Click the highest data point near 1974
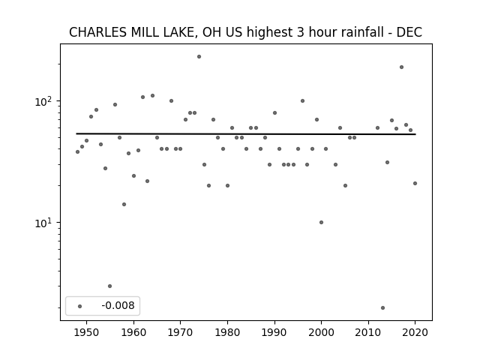point(199,57)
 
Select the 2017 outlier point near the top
point(401,67)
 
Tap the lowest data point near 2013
point(382,307)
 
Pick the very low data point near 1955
point(110,286)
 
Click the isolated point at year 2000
point(321,222)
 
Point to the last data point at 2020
point(415,183)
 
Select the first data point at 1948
point(77,151)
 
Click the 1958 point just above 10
point(124,204)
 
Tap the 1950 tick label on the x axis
point(87,332)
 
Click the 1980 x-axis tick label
point(227,332)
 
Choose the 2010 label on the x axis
point(368,332)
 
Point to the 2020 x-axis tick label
point(415,332)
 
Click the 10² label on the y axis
point(43,101)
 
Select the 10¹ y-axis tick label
point(43,223)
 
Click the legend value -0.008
point(118,305)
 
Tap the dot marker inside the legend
point(80,306)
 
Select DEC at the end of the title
point(409,32)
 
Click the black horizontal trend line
point(246,133)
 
